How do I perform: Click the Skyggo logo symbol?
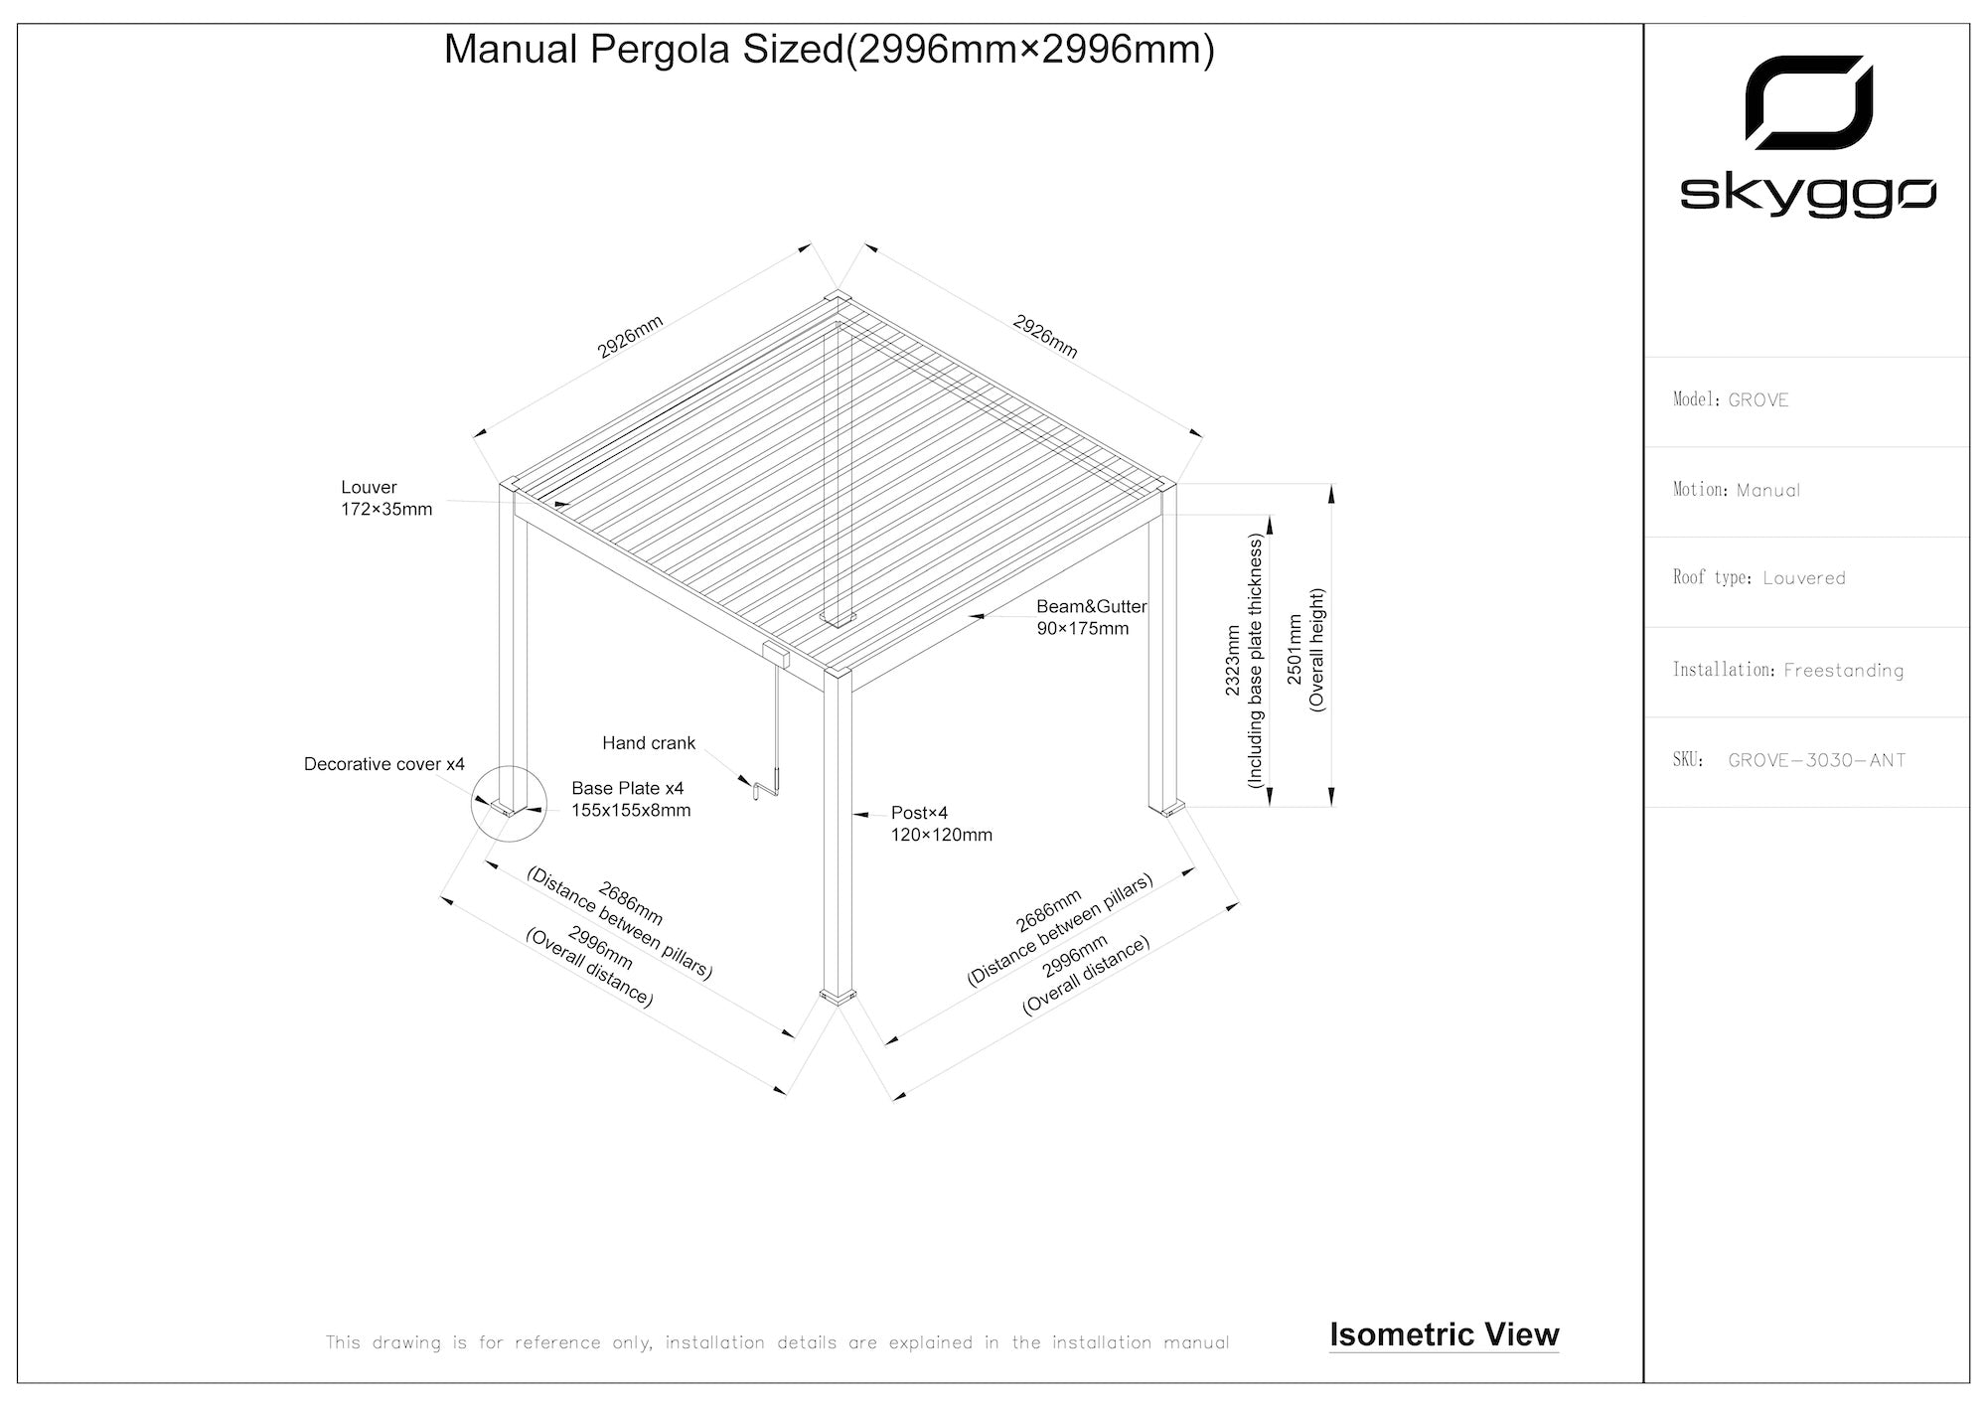(1809, 101)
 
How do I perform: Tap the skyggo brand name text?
(1807, 196)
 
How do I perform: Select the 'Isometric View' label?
(1444, 1334)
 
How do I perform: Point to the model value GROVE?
(1758, 400)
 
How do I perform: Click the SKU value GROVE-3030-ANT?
(1817, 761)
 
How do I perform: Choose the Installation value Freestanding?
(1843, 671)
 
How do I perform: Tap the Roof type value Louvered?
(1804, 578)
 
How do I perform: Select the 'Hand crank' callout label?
(649, 743)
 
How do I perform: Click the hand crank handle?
(766, 788)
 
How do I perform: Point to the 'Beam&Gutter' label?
(1091, 606)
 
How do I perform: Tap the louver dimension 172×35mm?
(386, 510)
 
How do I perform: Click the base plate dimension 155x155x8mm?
(631, 810)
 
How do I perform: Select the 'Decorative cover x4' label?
(383, 764)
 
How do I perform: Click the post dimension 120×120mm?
(941, 835)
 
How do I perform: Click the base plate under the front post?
(837, 996)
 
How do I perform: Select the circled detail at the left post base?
(508, 803)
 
